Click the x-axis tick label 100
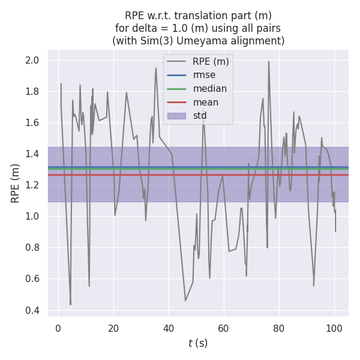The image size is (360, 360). point(334,328)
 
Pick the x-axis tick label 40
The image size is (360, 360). point(169,328)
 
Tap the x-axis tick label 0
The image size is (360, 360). point(58,328)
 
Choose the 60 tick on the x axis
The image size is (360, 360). point(224,328)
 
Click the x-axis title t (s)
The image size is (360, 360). point(198,343)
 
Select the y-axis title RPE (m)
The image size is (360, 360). point(15,183)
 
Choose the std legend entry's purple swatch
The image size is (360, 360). point(177,116)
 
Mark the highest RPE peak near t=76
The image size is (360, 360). point(269,61)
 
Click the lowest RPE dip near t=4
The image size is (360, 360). point(70,305)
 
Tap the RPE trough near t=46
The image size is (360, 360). point(185,301)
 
